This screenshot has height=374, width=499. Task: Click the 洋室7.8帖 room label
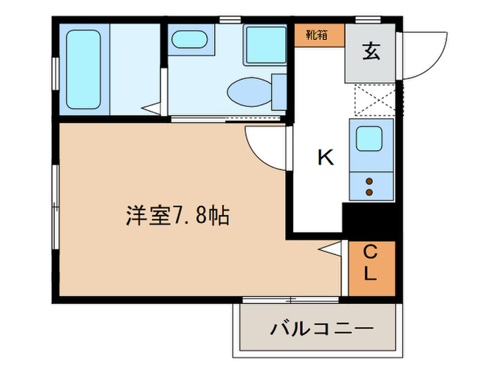tap(178, 216)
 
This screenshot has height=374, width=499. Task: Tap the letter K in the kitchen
tap(325, 157)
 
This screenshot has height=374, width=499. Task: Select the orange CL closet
tap(371, 263)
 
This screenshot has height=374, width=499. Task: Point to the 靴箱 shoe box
tap(318, 34)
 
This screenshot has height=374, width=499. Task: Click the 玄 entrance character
tap(370, 51)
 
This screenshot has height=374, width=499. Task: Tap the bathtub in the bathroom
tap(83, 68)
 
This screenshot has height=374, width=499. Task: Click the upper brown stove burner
tap(369, 181)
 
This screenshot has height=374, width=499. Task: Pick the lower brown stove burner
tap(369, 191)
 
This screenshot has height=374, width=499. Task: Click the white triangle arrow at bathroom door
tap(152, 108)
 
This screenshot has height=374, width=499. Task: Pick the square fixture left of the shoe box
tap(265, 45)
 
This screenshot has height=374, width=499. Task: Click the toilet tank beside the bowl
tap(279, 90)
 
